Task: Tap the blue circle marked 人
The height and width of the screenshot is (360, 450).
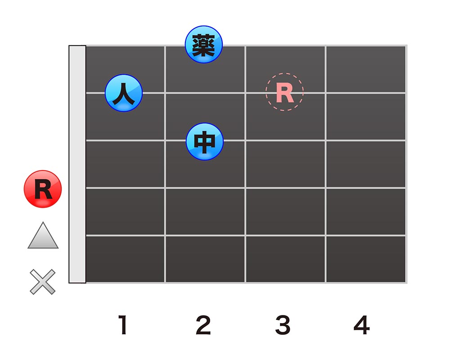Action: point(124,93)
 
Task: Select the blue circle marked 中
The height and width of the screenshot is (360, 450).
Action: point(204,141)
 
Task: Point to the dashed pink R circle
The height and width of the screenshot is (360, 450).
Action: point(284,92)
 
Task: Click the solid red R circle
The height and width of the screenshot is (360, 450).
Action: point(43,189)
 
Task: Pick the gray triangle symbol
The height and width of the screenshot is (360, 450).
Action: point(43,236)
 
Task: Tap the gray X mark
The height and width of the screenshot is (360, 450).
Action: point(43,282)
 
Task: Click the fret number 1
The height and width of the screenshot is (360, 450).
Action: point(123,325)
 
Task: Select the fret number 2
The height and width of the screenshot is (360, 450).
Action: point(203,325)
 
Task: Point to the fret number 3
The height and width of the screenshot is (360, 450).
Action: point(283,325)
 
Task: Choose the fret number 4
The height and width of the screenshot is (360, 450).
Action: point(362,325)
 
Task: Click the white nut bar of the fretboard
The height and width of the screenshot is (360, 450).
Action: point(77,164)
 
